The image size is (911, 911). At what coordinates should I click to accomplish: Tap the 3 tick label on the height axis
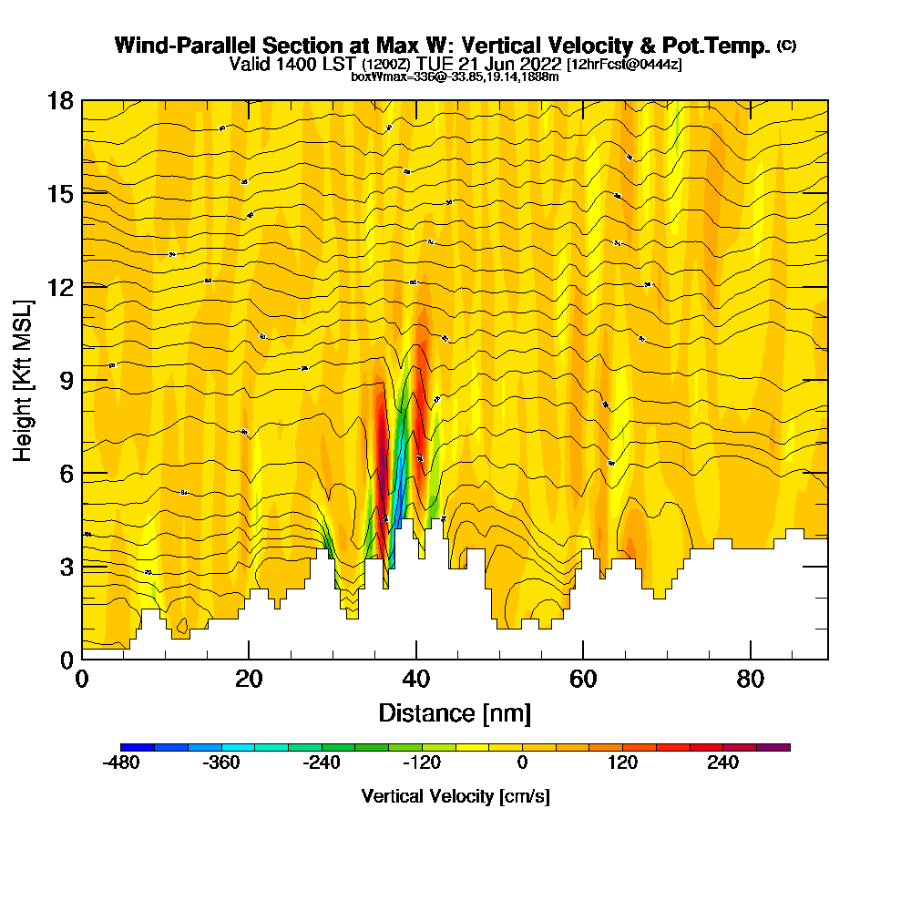click(x=67, y=567)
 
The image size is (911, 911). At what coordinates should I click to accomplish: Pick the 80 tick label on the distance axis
click(x=751, y=680)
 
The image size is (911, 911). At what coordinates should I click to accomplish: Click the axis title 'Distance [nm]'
click(x=455, y=712)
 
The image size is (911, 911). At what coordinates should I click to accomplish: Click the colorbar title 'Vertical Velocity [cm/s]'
click(x=455, y=796)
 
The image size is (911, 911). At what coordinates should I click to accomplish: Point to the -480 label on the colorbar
click(x=121, y=763)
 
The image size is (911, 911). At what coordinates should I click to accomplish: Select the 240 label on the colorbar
click(x=723, y=763)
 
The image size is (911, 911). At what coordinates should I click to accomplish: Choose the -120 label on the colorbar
click(x=422, y=763)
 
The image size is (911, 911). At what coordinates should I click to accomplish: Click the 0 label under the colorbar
click(x=523, y=763)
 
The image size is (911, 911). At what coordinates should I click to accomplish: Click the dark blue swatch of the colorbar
click(x=138, y=747)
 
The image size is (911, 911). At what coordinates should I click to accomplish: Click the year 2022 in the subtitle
click(x=538, y=65)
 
